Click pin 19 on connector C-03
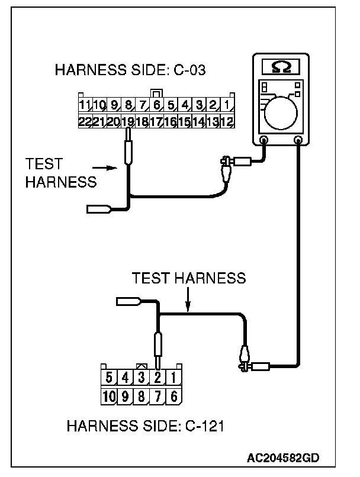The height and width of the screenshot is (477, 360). pyautogui.click(x=128, y=121)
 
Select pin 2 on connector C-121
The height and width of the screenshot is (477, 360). pyautogui.click(x=157, y=376)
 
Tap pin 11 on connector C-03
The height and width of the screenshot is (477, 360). pyautogui.click(x=85, y=107)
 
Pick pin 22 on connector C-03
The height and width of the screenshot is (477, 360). pyautogui.click(x=85, y=121)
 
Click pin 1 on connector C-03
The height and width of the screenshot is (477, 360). pyautogui.click(x=228, y=107)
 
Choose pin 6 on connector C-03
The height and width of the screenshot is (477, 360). pyautogui.click(x=157, y=107)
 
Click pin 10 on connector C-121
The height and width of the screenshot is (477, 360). pyautogui.click(x=108, y=396)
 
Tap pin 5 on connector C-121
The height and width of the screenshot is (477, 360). pyautogui.click(x=108, y=376)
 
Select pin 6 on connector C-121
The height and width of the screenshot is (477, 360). pyautogui.click(x=173, y=396)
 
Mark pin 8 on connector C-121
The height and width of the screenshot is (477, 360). pyautogui.click(x=142, y=396)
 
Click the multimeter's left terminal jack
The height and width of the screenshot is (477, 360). pyautogui.click(x=263, y=140)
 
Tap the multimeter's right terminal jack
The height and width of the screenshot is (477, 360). pyautogui.click(x=299, y=140)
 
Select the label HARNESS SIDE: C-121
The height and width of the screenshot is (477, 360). pyautogui.click(x=145, y=426)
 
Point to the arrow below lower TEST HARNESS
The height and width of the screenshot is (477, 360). pyautogui.click(x=188, y=302)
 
